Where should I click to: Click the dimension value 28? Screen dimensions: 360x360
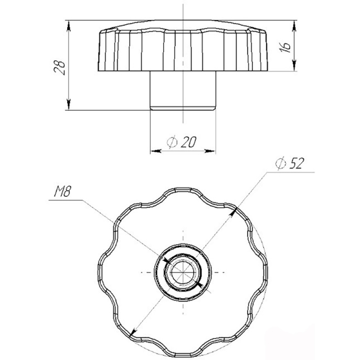tap(60, 68)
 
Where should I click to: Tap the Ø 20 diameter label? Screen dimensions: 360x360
tap(182, 142)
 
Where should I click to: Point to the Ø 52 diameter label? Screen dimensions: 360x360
tap(290, 163)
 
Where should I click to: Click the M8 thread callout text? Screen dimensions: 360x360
tap(62, 191)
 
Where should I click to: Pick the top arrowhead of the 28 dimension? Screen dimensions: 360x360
tap(68, 26)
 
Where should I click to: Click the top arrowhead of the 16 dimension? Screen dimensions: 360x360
tap(294, 26)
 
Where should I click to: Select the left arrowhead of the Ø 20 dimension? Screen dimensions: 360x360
tap(156, 151)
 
